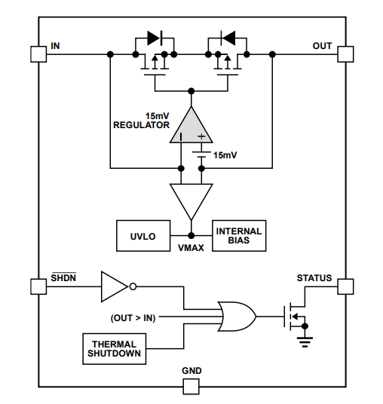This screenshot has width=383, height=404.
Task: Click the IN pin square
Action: (x=38, y=54)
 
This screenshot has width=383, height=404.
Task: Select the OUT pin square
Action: (x=345, y=54)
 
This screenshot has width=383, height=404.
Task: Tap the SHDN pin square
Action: (x=38, y=286)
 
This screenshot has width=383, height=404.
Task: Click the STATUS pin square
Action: (x=345, y=286)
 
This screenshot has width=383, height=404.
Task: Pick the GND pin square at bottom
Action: (x=191, y=387)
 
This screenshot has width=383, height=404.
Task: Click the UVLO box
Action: (x=142, y=236)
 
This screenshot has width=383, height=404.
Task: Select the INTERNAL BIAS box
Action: (x=239, y=236)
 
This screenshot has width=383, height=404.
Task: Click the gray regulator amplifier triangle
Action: (x=191, y=127)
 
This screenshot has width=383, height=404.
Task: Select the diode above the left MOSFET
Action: (x=155, y=36)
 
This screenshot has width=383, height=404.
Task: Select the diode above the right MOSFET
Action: (x=228, y=36)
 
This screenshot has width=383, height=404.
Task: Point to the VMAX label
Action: (x=191, y=246)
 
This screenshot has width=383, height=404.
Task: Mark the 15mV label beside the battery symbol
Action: (x=225, y=155)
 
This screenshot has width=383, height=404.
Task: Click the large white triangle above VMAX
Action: (x=191, y=198)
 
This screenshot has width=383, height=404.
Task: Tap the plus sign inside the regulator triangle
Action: (x=201, y=136)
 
